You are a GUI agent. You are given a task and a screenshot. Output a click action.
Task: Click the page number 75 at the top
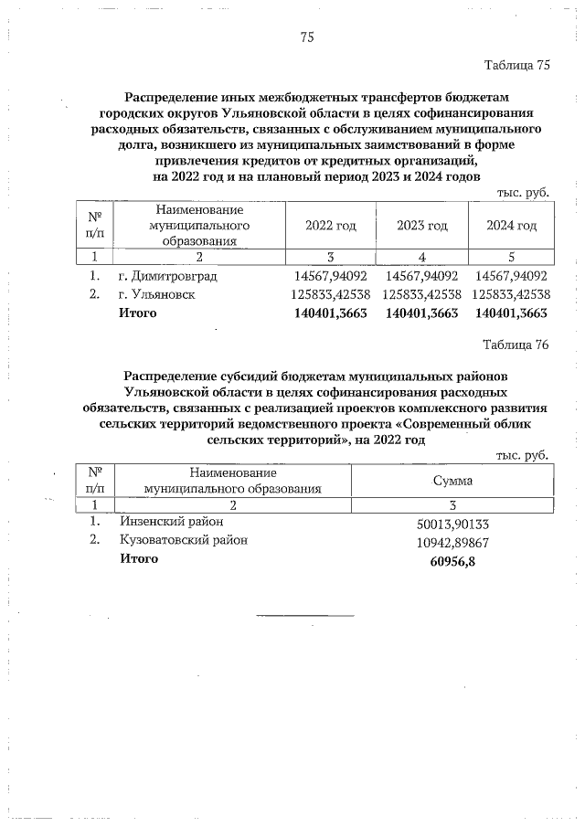[x=307, y=37]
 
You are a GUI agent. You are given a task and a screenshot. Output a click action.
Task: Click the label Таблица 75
[x=516, y=65]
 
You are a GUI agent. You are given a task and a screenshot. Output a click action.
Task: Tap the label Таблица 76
[x=516, y=345]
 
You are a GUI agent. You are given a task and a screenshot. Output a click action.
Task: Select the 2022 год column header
[x=331, y=226]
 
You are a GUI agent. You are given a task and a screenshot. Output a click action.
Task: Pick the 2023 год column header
[x=421, y=226]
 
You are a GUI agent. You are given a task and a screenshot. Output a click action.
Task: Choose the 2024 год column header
[x=511, y=226]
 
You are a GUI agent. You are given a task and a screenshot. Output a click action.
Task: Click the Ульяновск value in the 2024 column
[x=511, y=294]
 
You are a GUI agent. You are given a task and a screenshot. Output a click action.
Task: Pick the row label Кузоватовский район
[x=184, y=540]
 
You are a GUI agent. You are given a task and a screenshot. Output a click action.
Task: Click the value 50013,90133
[x=453, y=524]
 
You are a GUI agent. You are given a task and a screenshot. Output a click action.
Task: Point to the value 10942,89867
[x=453, y=543]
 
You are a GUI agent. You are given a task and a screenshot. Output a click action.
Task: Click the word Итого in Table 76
[x=138, y=559]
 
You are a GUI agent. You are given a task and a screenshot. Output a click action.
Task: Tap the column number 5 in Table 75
[x=511, y=257]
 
